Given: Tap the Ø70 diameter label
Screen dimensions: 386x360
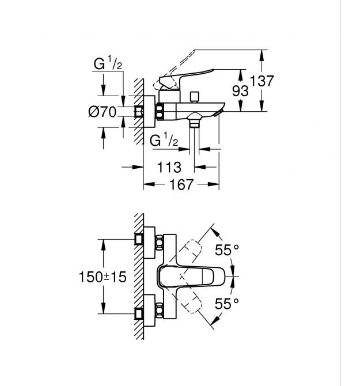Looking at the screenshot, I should (x=103, y=112).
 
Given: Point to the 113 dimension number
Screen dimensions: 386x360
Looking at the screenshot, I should (x=169, y=168).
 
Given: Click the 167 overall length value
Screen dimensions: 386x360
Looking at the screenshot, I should (x=181, y=186).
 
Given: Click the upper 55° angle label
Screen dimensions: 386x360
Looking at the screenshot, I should (x=227, y=250).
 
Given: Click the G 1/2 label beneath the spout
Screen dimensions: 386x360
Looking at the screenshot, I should (x=164, y=140).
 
